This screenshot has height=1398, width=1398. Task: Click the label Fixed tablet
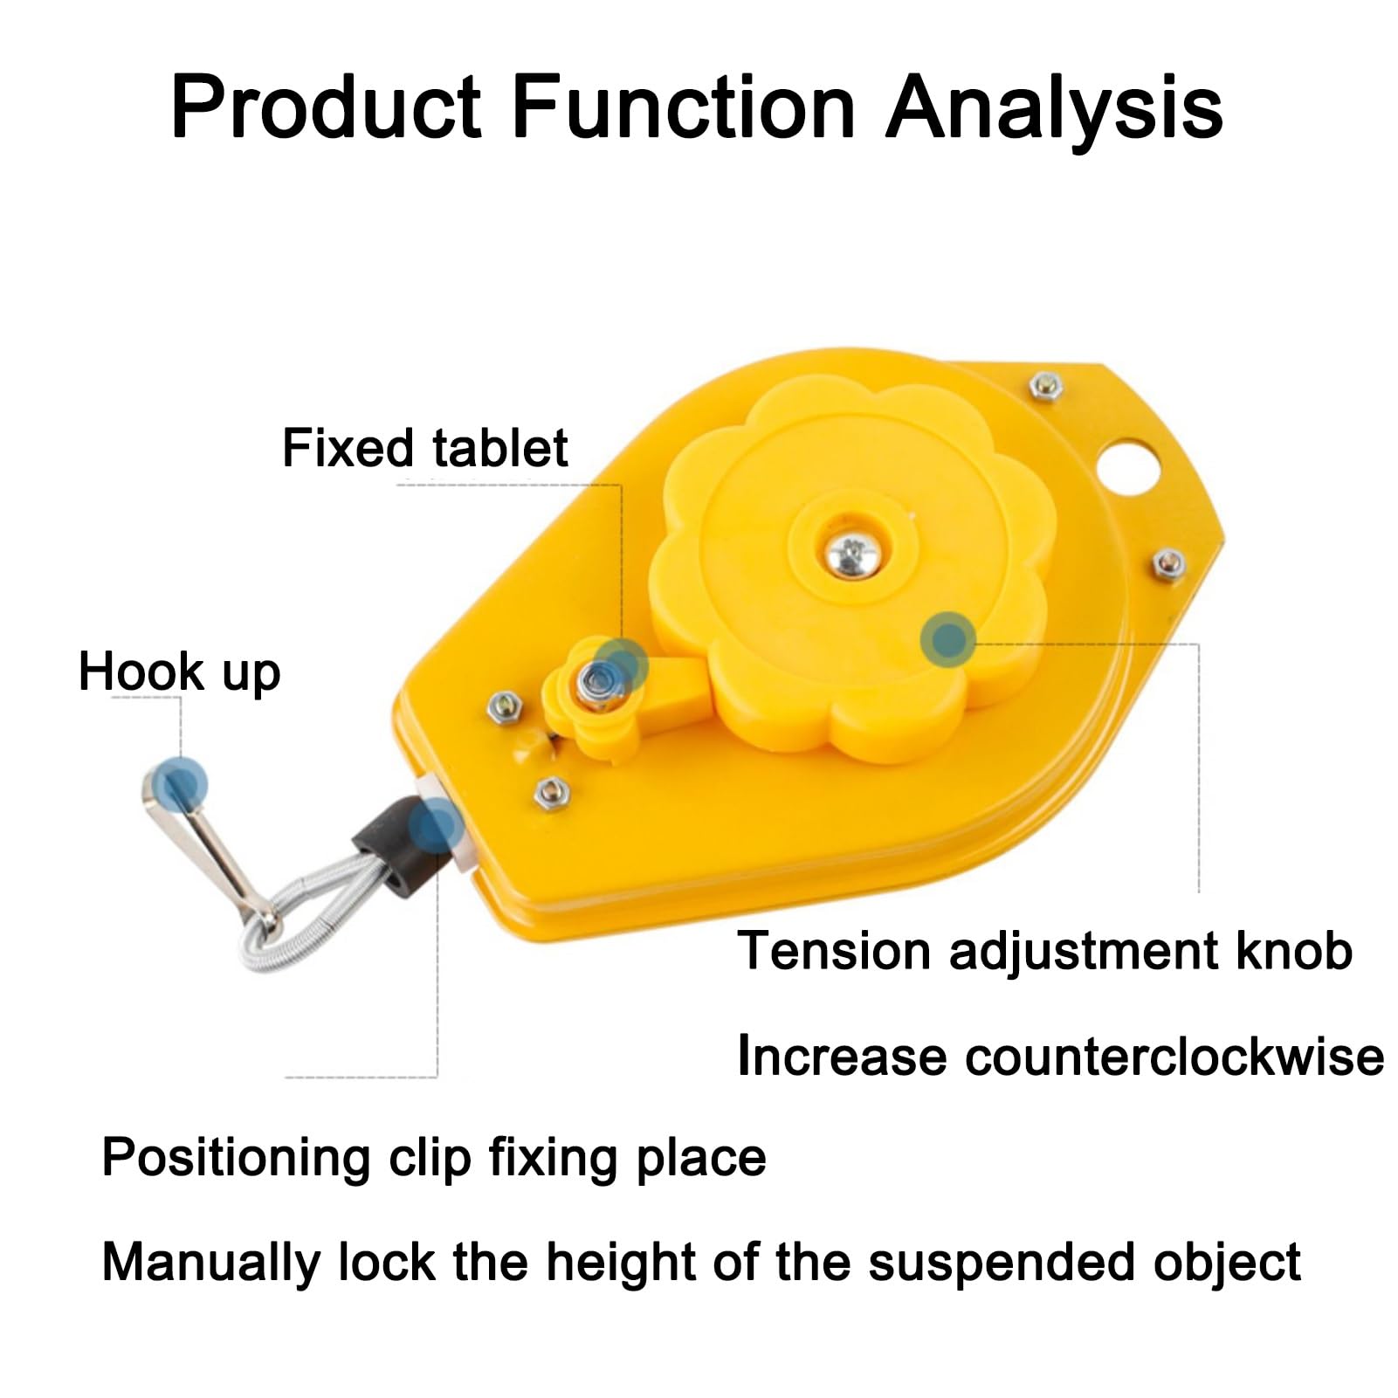click(424, 449)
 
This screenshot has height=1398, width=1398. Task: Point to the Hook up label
click(179, 672)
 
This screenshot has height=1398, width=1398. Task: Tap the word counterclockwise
click(1174, 1057)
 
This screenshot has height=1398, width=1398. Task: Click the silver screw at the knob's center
click(849, 552)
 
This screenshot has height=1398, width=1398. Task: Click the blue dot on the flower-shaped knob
click(947, 639)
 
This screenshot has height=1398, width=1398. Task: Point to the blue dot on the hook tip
click(180, 781)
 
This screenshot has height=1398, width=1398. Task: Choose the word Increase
click(841, 1057)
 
